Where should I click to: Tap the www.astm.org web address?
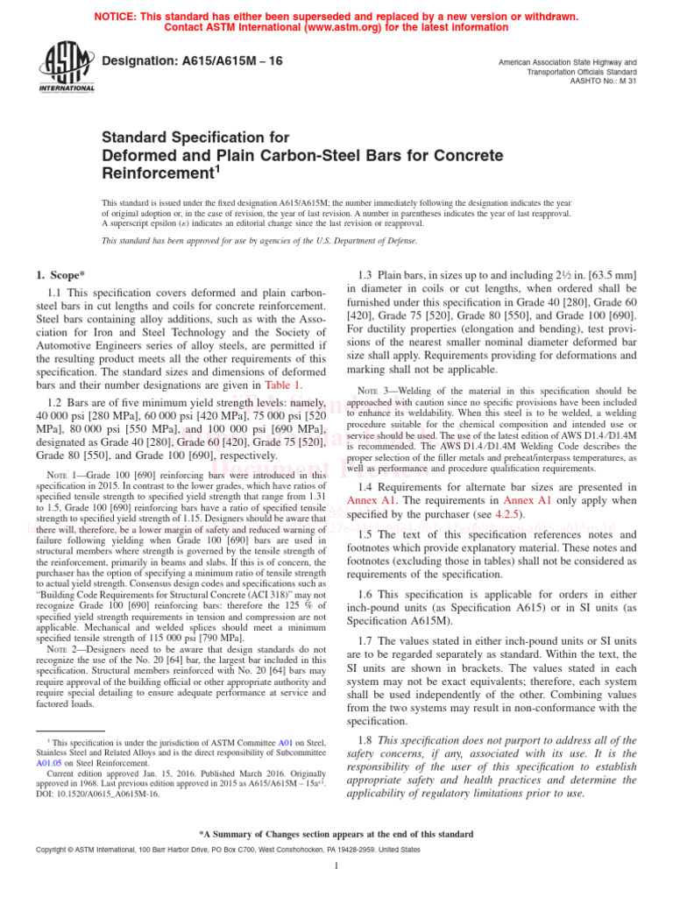(337, 27)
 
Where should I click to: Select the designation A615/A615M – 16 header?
(189, 62)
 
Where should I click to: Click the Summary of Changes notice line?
(336, 834)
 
